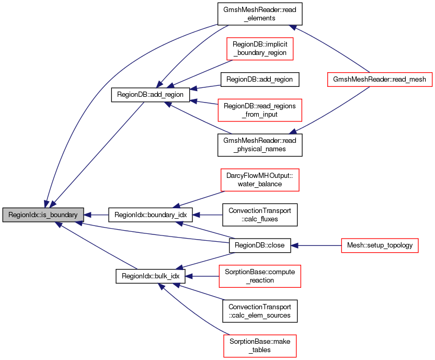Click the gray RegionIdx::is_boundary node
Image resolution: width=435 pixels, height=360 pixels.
(43, 215)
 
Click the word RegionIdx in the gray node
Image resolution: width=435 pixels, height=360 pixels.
(21, 215)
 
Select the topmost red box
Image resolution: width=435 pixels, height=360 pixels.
(260, 49)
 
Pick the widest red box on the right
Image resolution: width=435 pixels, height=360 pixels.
(380, 79)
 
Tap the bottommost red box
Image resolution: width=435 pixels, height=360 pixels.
(260, 346)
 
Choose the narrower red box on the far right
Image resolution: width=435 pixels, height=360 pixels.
(380, 245)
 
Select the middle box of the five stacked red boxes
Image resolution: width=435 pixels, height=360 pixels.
(260, 180)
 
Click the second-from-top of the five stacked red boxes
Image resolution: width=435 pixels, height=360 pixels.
(260, 110)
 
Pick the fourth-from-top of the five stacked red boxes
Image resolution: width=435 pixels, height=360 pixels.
(259, 276)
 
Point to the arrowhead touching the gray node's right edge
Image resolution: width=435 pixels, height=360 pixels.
(88, 215)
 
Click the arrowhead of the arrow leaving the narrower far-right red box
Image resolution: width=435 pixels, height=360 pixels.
(294, 245)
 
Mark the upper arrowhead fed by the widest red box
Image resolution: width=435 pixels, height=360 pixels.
(293, 27)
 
